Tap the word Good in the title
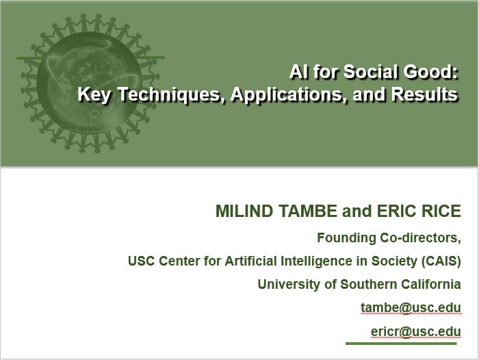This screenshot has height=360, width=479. coord(430,72)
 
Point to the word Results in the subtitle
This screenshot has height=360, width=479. coord(424,94)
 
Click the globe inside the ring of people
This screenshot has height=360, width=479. coord(89,83)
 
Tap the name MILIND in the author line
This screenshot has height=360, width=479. coord(244,211)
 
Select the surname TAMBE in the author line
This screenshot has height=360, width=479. coord(308,211)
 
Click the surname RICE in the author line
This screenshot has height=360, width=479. coord(441,211)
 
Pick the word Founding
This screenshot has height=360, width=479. coord(346,237)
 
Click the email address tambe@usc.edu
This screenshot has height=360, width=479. coord(411,307)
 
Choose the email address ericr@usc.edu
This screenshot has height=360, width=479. coord(416,331)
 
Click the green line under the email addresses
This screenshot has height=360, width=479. coord(401,344)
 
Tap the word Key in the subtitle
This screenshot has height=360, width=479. coord(94,94)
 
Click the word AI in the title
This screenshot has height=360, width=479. coord(298,72)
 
